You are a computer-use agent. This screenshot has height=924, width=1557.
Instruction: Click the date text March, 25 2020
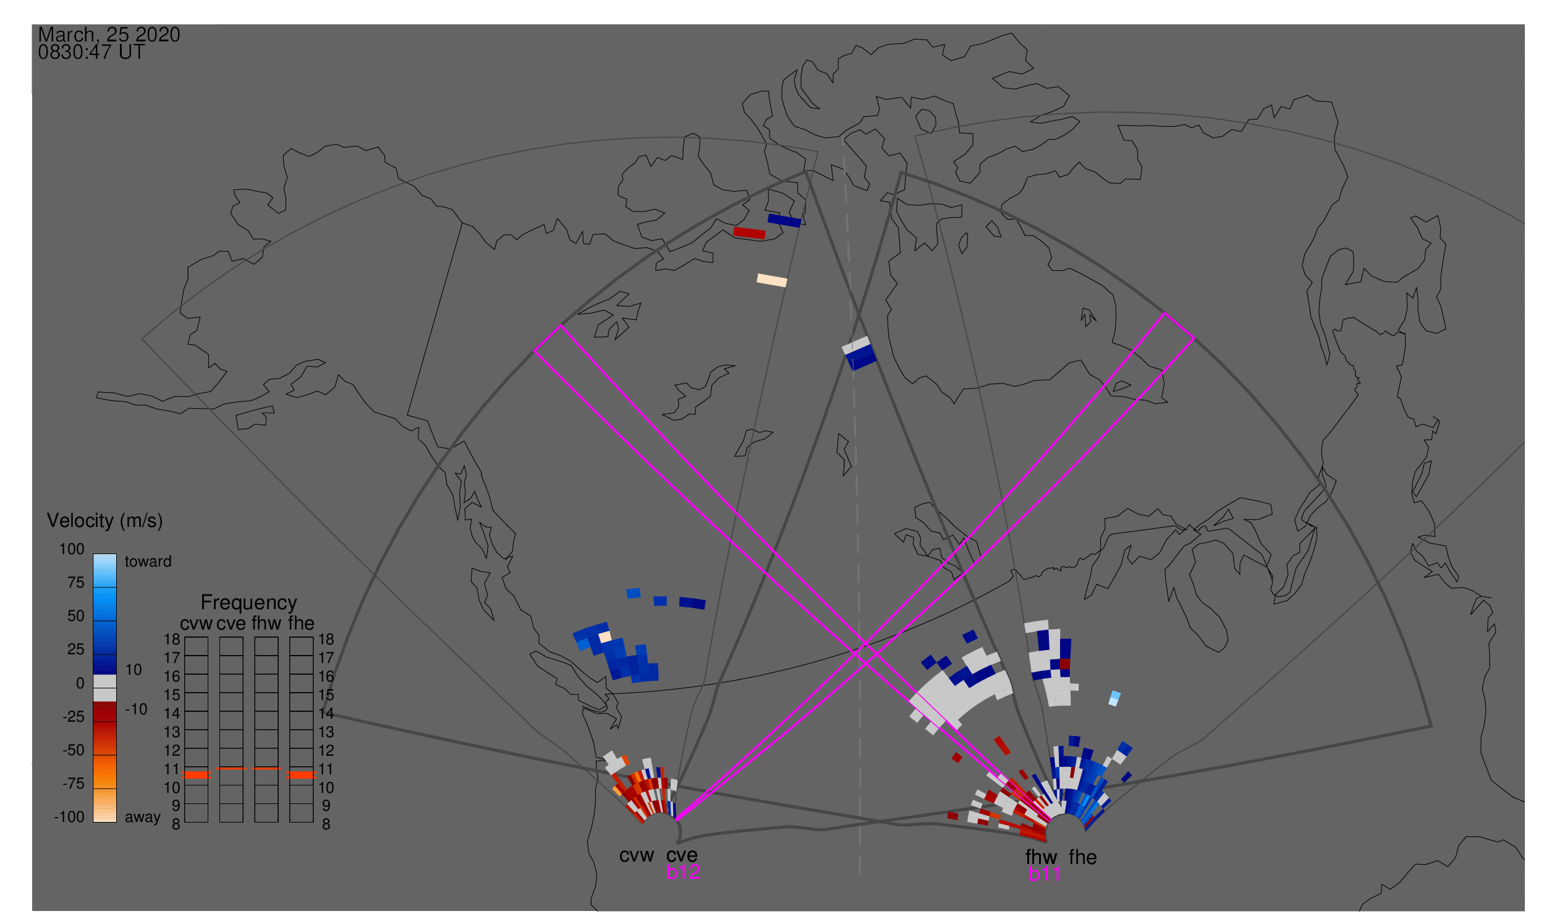pyautogui.click(x=109, y=35)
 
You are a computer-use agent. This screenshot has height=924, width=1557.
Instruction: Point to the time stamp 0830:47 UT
pyautogui.click(x=91, y=53)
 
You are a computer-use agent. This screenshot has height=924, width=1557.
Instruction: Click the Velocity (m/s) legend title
pyautogui.click(x=104, y=521)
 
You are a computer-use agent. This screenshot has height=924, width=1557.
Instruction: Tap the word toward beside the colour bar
pyautogui.click(x=148, y=562)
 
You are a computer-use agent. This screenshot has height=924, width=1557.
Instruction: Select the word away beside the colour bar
pyautogui.click(x=143, y=818)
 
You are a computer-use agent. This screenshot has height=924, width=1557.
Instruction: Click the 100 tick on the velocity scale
pyautogui.click(x=72, y=549)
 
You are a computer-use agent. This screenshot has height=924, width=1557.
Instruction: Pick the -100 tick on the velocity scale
pyautogui.click(x=69, y=817)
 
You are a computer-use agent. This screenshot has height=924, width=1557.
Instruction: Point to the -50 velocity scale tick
pyautogui.click(x=74, y=750)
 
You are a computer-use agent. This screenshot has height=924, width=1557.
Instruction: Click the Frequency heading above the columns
pyautogui.click(x=249, y=604)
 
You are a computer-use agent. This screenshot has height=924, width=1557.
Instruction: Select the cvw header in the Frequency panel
pyautogui.click(x=196, y=624)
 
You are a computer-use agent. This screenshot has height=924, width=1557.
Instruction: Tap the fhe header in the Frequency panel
pyautogui.click(x=301, y=624)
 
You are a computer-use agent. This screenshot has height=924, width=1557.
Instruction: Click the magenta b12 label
pyautogui.click(x=683, y=873)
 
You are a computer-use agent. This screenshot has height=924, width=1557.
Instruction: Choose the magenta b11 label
pyautogui.click(x=1044, y=875)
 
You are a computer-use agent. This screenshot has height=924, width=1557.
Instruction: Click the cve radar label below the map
pyautogui.click(x=682, y=856)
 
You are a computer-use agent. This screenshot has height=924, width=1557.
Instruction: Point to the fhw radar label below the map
pyautogui.click(x=1042, y=857)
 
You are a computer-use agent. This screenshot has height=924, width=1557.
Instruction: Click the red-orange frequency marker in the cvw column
pyautogui.click(x=197, y=775)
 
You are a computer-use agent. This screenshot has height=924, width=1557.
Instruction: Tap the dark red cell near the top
pyautogui.click(x=750, y=234)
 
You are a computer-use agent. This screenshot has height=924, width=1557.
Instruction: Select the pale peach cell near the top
pyautogui.click(x=771, y=281)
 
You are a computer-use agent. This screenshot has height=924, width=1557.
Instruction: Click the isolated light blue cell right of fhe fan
pyautogui.click(x=1114, y=699)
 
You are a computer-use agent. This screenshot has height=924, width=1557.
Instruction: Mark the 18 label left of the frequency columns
pyautogui.click(x=172, y=640)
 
